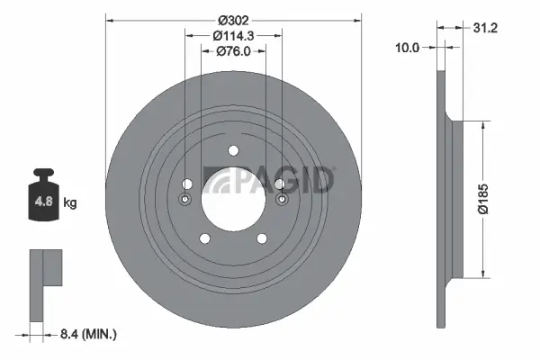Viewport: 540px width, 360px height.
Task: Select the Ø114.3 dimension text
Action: [233, 35]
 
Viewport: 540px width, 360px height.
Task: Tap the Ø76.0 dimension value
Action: [233, 52]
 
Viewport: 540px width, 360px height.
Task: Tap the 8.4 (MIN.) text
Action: [86, 335]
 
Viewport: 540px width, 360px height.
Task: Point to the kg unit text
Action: [70, 203]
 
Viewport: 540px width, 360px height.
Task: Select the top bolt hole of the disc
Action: [233, 150]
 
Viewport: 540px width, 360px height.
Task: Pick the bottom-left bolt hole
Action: [204, 238]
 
